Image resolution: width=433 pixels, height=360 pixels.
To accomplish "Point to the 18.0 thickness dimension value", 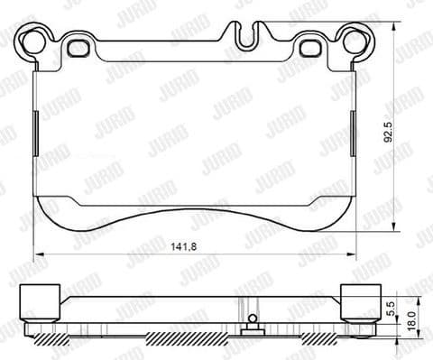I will coord(411,320).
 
